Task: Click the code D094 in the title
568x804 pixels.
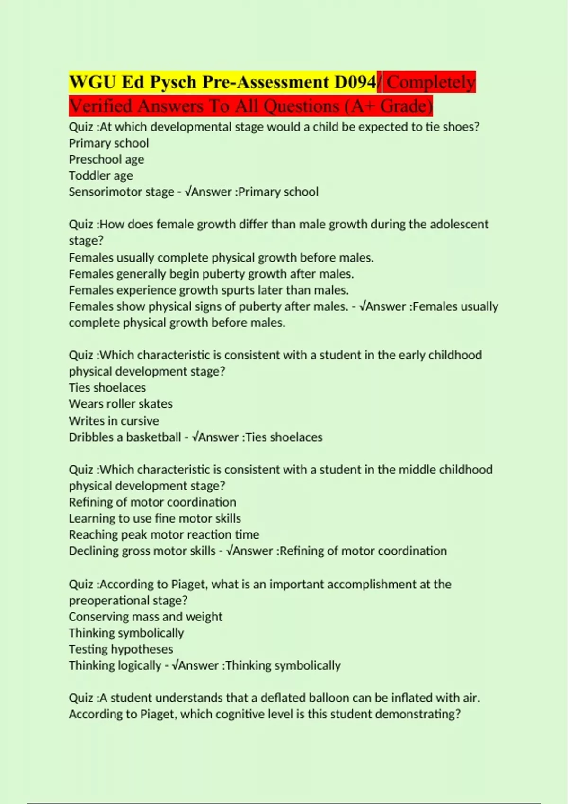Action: tap(355, 82)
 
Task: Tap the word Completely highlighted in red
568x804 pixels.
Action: tap(431, 82)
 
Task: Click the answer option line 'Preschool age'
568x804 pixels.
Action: tap(106, 159)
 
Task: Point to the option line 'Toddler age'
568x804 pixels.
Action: tap(101, 175)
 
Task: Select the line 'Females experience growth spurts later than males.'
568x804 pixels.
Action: tap(209, 290)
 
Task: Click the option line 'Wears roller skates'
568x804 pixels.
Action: tap(121, 404)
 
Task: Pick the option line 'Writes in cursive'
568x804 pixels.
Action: tap(114, 421)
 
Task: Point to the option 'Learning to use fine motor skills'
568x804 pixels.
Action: tap(155, 518)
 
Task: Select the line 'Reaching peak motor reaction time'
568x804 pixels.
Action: tap(164, 534)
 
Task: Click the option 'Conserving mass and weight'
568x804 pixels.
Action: tap(145, 617)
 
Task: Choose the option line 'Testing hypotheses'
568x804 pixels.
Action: tap(121, 649)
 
